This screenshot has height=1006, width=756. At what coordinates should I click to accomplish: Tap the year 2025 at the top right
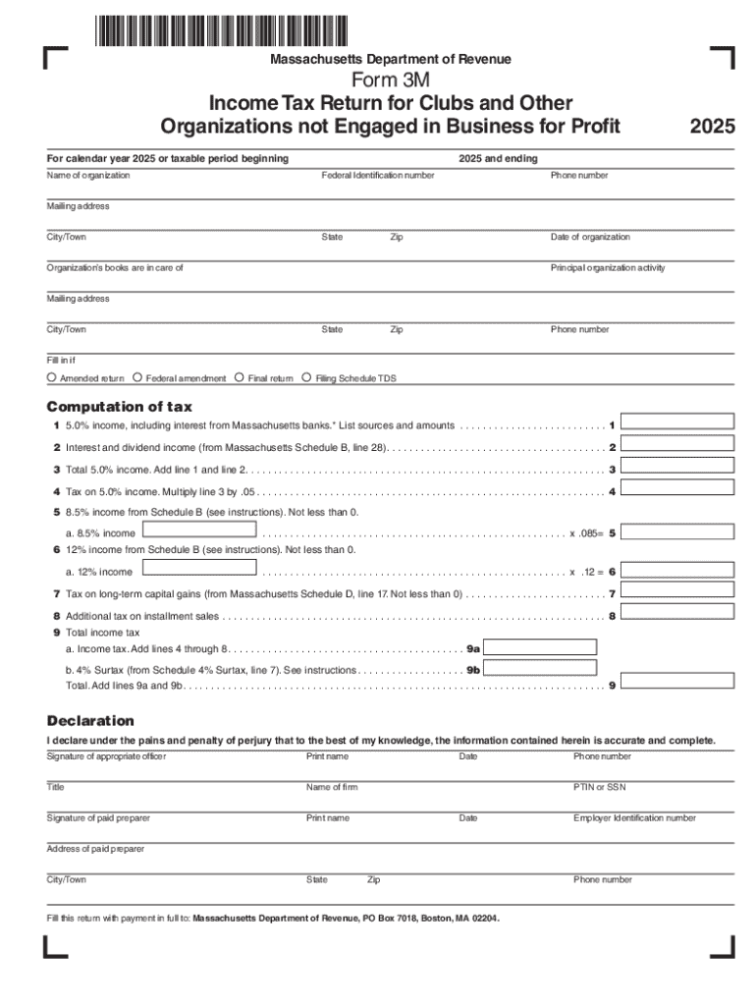712,127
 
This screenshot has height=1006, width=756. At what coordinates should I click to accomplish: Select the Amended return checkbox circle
51,377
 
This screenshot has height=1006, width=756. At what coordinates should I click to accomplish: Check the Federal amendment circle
137,377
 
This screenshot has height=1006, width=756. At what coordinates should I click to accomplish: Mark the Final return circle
240,377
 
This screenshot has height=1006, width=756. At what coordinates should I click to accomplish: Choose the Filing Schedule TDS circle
306,377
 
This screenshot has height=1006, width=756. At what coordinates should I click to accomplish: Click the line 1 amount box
678,421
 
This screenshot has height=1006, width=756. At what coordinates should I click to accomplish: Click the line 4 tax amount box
678,488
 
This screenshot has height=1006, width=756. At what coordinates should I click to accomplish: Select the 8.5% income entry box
199,531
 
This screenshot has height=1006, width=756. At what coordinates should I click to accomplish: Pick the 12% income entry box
199,568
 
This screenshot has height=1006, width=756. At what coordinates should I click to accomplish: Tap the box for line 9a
541,646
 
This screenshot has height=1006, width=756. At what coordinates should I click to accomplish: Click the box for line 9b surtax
541,668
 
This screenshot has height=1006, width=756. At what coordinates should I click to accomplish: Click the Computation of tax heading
120,407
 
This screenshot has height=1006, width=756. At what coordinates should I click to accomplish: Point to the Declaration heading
90,721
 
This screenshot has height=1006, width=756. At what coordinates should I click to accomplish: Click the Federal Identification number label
378,175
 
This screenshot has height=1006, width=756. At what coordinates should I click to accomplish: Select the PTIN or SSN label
599,787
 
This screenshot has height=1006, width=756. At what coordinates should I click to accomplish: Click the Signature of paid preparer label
98,817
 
